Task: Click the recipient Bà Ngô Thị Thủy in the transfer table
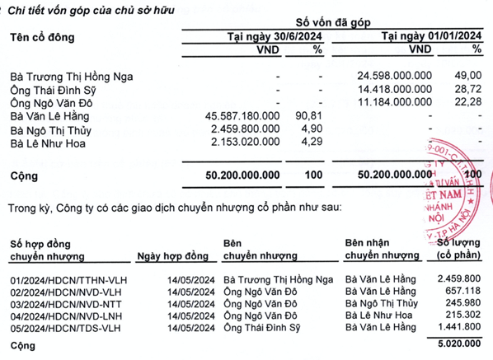pyautogui.click(x=382, y=303)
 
